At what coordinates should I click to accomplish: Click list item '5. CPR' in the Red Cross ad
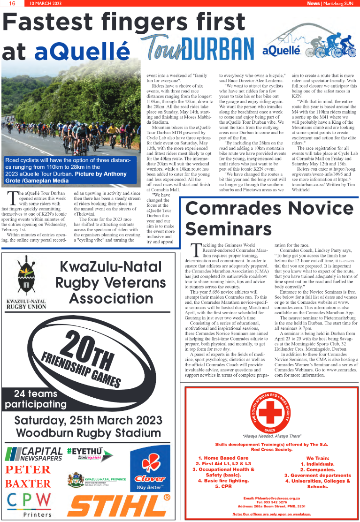[223, 486]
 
